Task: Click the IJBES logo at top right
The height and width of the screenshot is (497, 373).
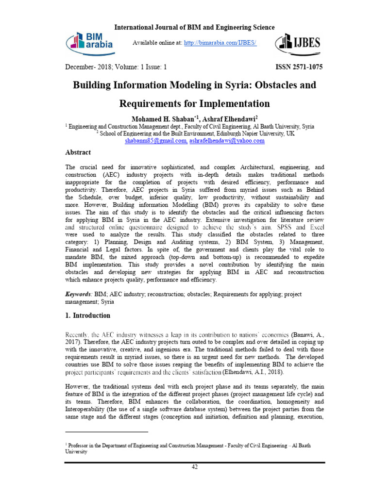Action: pos(297,44)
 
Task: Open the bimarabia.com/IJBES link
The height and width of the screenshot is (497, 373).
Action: pos(220,43)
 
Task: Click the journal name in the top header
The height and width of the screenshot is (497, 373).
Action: pos(194,28)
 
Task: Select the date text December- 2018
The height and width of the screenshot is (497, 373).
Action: pos(85,67)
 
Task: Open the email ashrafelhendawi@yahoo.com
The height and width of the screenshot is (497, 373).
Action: pos(227,141)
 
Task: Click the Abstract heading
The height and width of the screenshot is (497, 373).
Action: pos(78,152)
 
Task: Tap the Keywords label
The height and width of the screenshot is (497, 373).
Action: pos(78,294)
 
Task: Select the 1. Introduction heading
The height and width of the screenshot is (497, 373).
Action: pos(88,315)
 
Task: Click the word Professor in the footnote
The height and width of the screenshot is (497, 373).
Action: pos(79,445)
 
